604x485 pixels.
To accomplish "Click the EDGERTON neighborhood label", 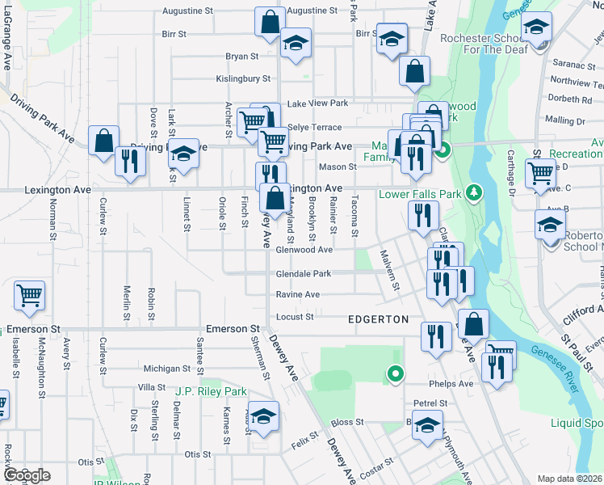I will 378,319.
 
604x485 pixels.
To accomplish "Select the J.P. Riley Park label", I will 211,391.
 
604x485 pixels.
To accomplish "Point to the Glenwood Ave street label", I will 304,250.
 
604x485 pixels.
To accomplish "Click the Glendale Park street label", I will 304,273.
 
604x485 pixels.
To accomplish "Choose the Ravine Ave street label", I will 298,294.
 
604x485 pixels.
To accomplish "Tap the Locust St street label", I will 295,316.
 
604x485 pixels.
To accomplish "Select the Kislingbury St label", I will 242,78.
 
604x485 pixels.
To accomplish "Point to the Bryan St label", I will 241,57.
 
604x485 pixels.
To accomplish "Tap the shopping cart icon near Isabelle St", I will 29,297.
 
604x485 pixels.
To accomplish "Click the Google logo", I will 27,475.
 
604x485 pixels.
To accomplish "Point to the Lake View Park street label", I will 317,103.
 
